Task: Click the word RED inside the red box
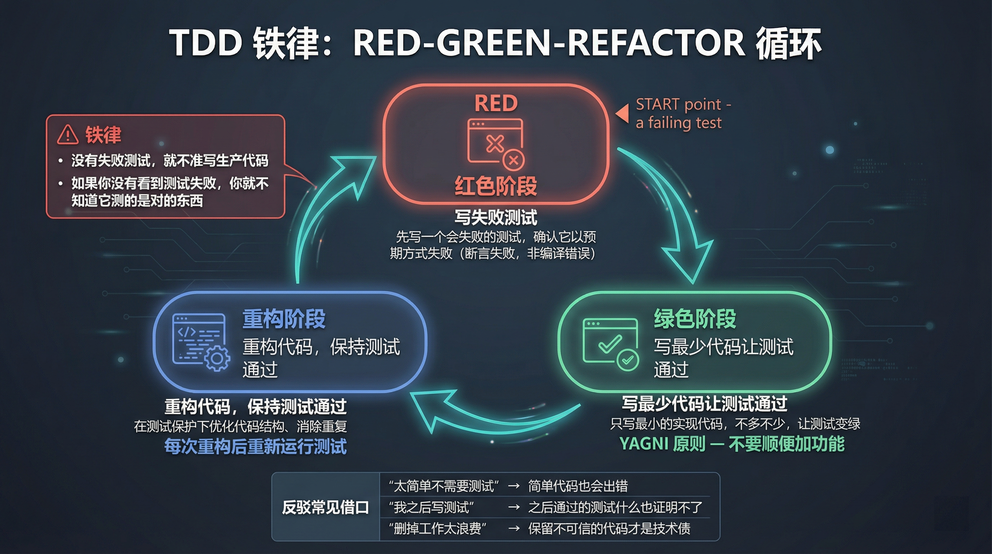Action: (x=496, y=103)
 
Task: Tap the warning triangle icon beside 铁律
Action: (x=68, y=135)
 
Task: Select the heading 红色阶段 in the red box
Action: (x=496, y=186)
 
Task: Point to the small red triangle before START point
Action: (x=622, y=114)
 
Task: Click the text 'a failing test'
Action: (x=678, y=123)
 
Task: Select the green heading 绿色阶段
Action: (x=695, y=319)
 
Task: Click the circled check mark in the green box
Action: (x=628, y=360)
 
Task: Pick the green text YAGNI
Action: (x=643, y=444)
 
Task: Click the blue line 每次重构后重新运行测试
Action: (x=255, y=447)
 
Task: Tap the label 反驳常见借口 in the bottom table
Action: (x=325, y=507)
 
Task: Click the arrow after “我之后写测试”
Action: (x=514, y=507)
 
